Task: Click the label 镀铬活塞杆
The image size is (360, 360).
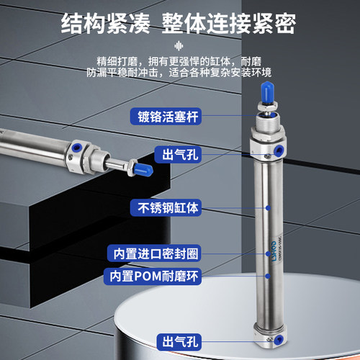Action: [163, 116]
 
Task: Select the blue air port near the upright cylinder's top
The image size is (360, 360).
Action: [279, 150]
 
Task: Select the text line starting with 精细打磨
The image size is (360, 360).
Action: [180, 60]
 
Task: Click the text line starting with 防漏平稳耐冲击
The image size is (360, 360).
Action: [180, 73]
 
